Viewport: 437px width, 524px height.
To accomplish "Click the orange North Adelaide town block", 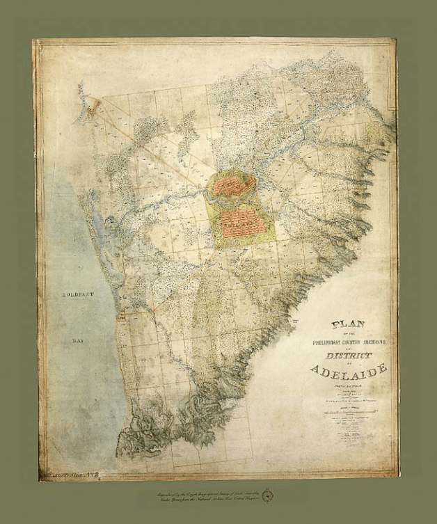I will tap(234, 184).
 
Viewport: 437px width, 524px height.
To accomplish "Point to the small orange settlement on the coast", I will tap(121, 317).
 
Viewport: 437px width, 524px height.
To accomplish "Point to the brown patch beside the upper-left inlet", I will tap(96, 106).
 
